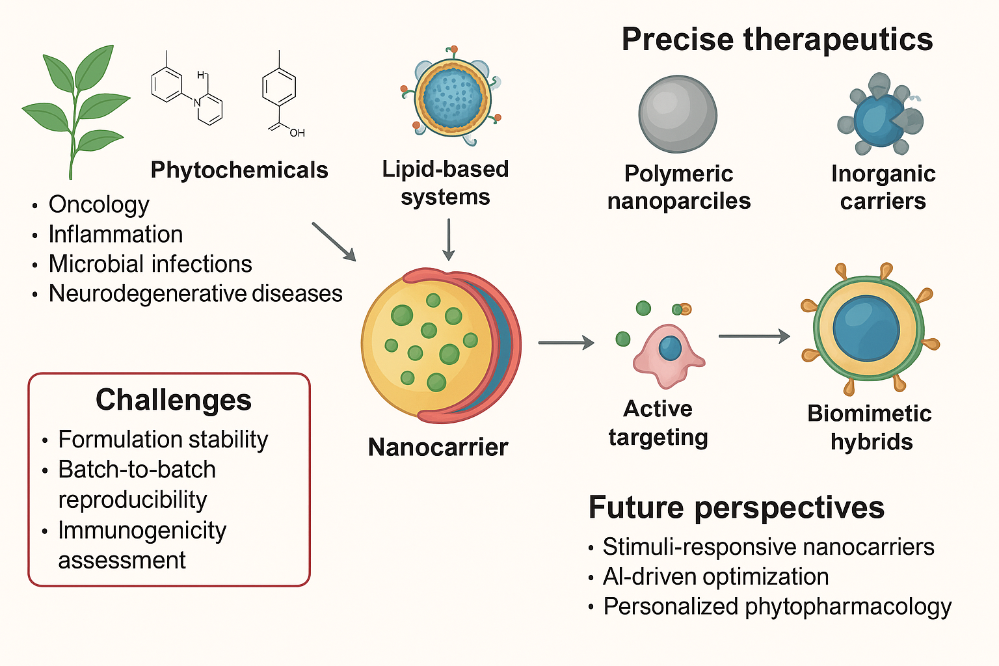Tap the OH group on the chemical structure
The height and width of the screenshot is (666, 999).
point(297,133)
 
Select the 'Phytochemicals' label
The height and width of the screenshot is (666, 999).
point(239,170)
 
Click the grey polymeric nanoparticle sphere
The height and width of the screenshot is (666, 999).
point(678,114)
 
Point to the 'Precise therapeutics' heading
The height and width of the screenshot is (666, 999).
point(777,39)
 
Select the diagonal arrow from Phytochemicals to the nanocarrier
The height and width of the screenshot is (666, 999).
point(334,241)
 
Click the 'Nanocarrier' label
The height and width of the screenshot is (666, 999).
point(438,447)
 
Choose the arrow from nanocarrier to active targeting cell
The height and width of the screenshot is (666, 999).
point(566,343)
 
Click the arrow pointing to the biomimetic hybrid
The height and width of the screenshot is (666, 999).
point(754,336)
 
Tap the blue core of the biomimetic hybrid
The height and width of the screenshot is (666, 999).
point(866,327)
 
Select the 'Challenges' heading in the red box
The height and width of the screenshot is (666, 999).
point(174,400)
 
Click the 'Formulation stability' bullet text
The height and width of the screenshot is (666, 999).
point(163,440)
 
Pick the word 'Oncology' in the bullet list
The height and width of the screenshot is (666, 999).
point(99,205)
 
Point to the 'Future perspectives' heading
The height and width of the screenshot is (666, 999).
point(736,507)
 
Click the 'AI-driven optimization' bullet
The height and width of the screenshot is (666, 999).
point(715,577)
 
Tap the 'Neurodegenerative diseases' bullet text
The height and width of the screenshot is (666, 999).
point(195,294)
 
